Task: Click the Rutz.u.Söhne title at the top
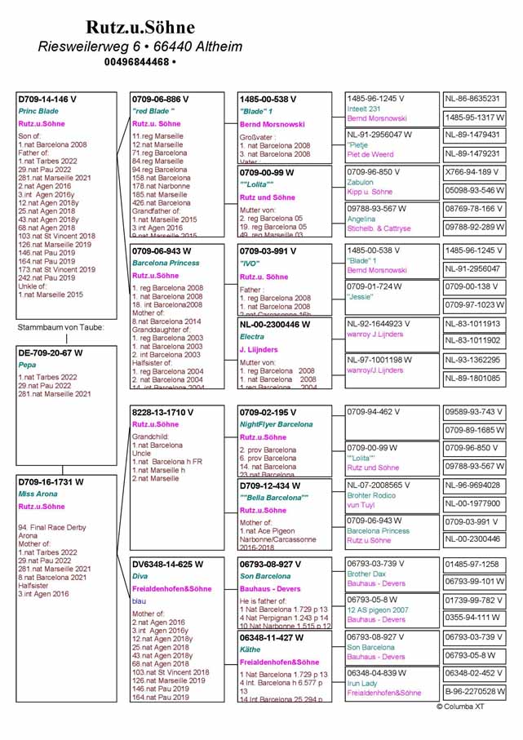click(x=140, y=28)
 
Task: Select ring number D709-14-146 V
click(x=48, y=100)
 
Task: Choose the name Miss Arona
click(x=38, y=494)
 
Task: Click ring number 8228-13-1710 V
click(x=162, y=413)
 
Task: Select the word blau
click(x=140, y=600)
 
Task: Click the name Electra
click(x=252, y=336)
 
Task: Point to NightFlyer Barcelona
click(x=276, y=425)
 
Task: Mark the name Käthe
click(x=250, y=650)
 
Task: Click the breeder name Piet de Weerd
click(x=370, y=154)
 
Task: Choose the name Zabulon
click(x=360, y=183)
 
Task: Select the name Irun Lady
click(x=362, y=683)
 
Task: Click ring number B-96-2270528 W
click(x=474, y=692)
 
